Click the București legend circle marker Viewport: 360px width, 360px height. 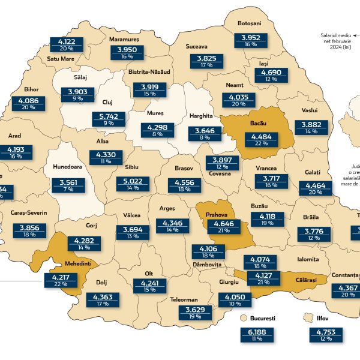click(244, 317)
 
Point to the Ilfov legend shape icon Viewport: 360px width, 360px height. click(309, 317)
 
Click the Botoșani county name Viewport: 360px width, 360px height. click(248, 23)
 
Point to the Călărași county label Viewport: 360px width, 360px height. click(308, 280)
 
